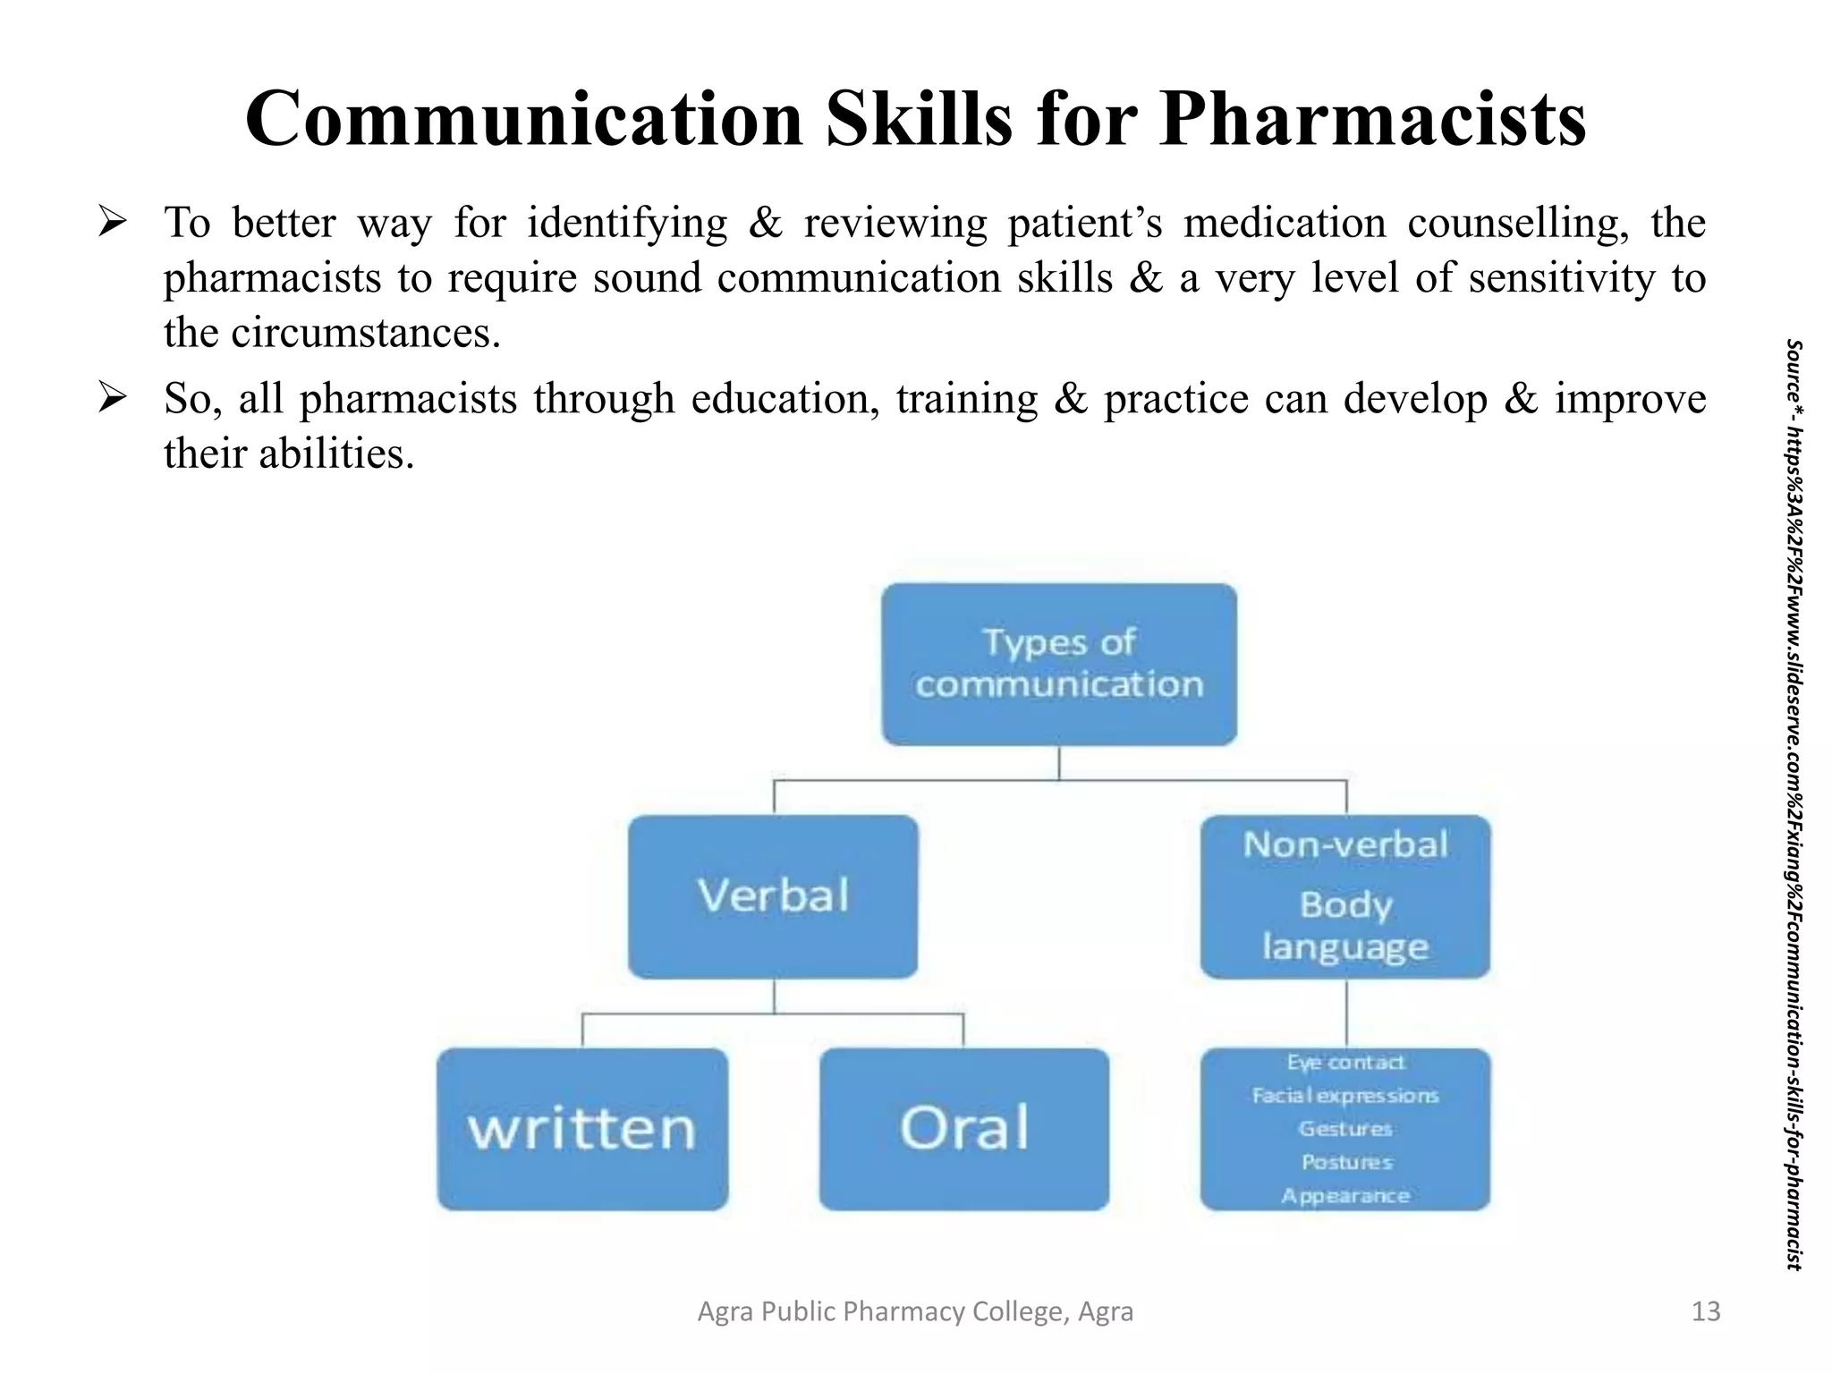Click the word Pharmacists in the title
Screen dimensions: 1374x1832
[x=1372, y=119]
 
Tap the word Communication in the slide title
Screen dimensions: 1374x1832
[x=524, y=119]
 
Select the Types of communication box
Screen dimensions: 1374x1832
[x=1059, y=664]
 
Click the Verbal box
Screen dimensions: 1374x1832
[x=773, y=895]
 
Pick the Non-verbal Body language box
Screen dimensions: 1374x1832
[x=1344, y=895]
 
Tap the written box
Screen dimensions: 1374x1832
[x=582, y=1129]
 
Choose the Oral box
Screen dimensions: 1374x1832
[x=963, y=1129]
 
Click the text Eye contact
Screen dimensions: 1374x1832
[x=1345, y=1062]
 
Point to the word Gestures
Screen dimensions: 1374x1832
[x=1345, y=1129]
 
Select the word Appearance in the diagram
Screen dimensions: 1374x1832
[x=1345, y=1196]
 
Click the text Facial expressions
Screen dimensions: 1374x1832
[x=1345, y=1095]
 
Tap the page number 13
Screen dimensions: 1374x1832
[x=1706, y=1311]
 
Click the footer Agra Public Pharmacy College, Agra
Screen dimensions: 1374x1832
[x=915, y=1311]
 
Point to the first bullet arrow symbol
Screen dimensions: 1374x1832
[x=113, y=221]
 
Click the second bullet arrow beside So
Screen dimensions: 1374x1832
[x=113, y=397]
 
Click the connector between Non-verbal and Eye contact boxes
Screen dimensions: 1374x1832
[x=1346, y=1013]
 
